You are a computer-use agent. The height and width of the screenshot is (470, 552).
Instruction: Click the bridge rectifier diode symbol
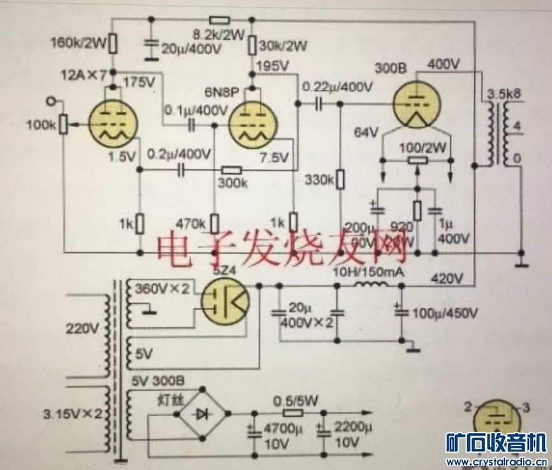(201, 414)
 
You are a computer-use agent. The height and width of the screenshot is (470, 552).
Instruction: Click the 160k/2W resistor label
(77, 44)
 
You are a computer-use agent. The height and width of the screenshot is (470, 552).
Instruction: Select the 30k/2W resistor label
(284, 46)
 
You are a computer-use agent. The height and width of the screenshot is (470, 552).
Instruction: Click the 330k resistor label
(319, 180)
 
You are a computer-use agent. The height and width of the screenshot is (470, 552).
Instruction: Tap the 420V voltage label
(446, 278)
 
